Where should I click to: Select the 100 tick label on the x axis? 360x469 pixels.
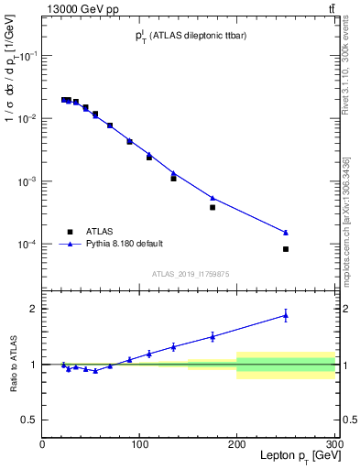(x=139, y=443)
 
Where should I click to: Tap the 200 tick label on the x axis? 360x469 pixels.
(x=237, y=443)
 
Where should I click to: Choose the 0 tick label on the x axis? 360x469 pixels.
(x=42, y=443)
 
